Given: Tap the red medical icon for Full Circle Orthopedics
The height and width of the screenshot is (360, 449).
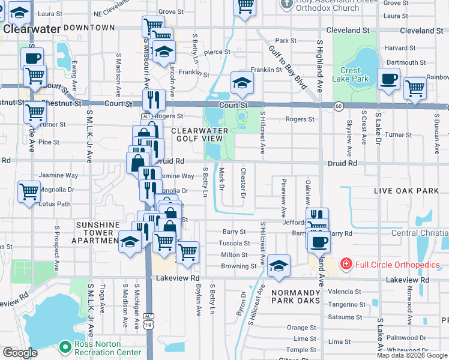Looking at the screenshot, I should [346, 264].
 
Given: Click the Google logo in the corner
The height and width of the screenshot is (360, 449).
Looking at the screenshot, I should [20, 353].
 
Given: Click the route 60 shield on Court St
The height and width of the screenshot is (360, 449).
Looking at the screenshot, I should [339, 106].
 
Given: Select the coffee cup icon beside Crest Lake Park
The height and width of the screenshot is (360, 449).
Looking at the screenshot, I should [389, 78].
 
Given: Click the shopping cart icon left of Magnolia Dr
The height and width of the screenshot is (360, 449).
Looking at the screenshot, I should [29, 192].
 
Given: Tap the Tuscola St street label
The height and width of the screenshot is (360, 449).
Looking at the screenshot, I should [234, 244].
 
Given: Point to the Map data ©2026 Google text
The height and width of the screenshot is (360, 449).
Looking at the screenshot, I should [411, 355].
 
